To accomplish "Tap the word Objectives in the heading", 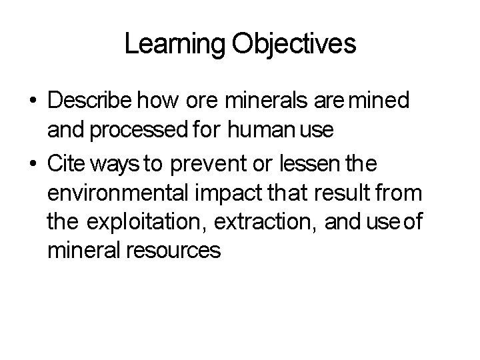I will point(294,45).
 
